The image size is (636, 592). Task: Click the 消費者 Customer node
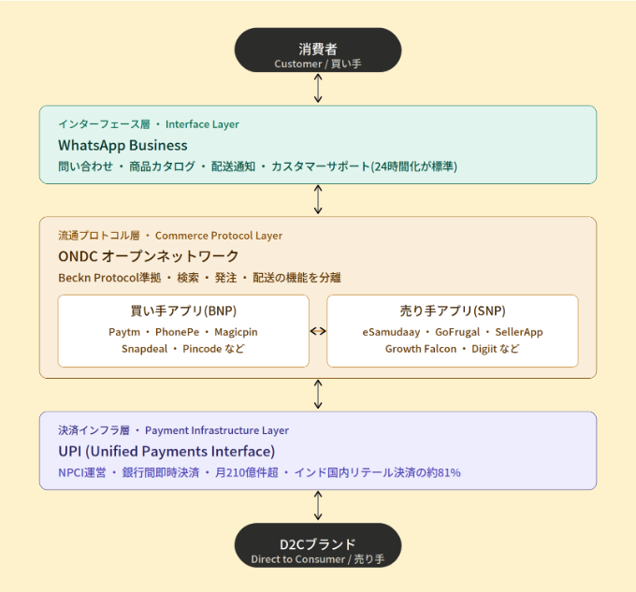coord(318,51)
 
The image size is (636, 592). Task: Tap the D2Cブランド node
coord(318,545)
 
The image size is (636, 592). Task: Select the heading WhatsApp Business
coord(123,145)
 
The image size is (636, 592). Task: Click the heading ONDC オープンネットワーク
coord(149,256)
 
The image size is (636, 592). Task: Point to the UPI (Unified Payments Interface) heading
coord(166,452)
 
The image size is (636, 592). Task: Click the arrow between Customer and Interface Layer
coord(318,88)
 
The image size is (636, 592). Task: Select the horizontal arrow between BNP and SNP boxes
coord(318,331)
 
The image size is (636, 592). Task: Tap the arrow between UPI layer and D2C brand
coord(318,506)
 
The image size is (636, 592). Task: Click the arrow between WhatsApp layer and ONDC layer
coord(318,199)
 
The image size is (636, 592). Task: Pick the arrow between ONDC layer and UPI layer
coord(318,394)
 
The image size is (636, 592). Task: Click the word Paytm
coord(124,332)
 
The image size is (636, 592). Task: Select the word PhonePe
coord(178,332)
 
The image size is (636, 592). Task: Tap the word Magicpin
coord(236,332)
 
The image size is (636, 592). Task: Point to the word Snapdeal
coord(144,349)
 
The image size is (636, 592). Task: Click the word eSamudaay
coord(391,332)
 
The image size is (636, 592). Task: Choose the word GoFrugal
coord(457,332)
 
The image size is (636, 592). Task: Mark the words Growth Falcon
coord(421,349)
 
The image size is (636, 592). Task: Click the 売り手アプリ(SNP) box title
coord(453,311)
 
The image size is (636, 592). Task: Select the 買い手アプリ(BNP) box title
coord(183,311)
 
